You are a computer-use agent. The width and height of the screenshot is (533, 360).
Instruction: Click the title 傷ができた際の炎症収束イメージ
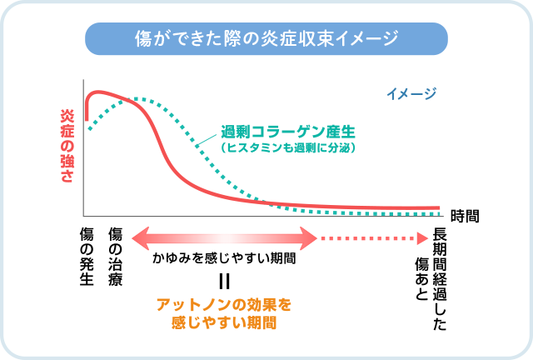tap(266, 38)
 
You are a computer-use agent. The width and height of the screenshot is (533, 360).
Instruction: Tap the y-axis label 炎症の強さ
tap(67, 146)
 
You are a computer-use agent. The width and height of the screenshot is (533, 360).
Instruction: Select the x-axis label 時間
tap(465, 217)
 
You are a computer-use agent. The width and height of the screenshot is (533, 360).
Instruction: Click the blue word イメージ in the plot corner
tap(411, 93)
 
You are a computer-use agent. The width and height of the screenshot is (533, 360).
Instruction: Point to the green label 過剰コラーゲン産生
tap(288, 132)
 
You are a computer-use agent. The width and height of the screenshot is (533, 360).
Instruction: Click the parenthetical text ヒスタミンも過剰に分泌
tap(288, 147)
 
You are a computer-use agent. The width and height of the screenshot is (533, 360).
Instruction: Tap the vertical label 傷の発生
tap(87, 257)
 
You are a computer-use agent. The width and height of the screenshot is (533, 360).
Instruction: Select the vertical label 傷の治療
tap(115, 257)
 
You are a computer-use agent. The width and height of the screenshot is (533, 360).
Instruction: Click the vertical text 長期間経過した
tap(440, 279)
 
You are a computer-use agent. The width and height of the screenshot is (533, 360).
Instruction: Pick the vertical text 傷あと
tap(422, 279)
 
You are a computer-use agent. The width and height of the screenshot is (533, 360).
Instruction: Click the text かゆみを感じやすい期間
tap(224, 258)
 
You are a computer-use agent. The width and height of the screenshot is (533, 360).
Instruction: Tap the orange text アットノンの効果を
tap(224, 304)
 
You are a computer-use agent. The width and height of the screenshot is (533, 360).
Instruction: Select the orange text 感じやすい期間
tap(224, 322)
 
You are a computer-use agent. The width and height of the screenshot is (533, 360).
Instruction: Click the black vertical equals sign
tap(224, 282)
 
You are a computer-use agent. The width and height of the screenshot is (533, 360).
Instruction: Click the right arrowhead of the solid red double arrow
tap(309, 238)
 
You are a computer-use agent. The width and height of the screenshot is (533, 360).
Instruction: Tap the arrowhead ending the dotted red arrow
tap(422, 238)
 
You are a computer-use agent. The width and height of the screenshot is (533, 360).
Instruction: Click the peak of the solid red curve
tap(98, 92)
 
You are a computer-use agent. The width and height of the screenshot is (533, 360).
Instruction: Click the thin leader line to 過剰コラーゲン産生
tap(207, 140)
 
